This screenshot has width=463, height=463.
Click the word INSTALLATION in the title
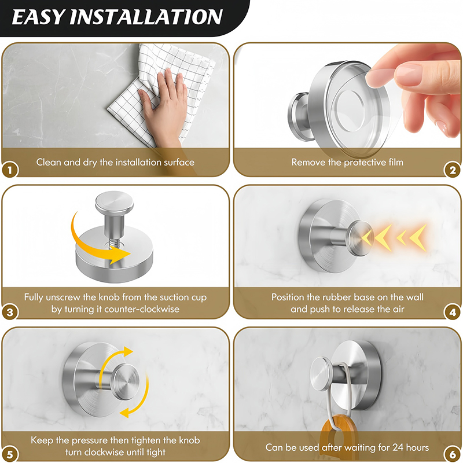[x=146, y=17]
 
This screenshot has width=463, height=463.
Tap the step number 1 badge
[x=10, y=170]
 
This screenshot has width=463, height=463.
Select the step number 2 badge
[x=453, y=170]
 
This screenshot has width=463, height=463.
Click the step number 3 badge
[x=10, y=312]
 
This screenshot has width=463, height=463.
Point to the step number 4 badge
[x=453, y=312]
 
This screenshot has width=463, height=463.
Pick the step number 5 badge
[x=10, y=454]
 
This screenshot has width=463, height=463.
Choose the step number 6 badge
[x=453, y=454]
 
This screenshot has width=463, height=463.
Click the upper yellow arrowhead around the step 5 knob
[x=128, y=352]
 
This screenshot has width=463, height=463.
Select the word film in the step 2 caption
[x=394, y=162]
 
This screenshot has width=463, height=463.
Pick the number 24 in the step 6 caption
[x=399, y=447]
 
